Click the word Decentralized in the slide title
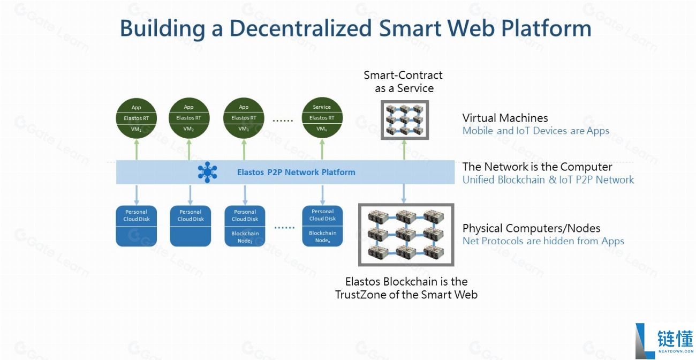pyautogui.click(x=300, y=28)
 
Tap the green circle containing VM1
pyautogui.click(x=136, y=118)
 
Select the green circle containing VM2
pyautogui.click(x=188, y=118)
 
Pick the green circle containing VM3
pyautogui.click(x=244, y=118)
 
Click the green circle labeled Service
pyautogui.click(x=322, y=118)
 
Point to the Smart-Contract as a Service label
pyautogui.click(x=404, y=81)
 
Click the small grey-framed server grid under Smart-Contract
pyautogui.click(x=404, y=120)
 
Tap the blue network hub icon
pyautogui.click(x=207, y=172)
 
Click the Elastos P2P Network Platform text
pyautogui.click(x=296, y=172)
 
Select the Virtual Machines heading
pyautogui.click(x=505, y=118)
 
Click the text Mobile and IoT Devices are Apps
pyautogui.click(x=535, y=131)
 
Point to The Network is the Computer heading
pyautogui.click(x=537, y=167)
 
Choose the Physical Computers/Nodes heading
pyautogui.click(x=531, y=228)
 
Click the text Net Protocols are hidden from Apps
pyautogui.click(x=543, y=241)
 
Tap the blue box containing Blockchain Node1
pyautogui.click(x=245, y=226)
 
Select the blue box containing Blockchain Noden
pyautogui.click(x=322, y=226)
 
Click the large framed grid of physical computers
pyautogui.click(x=405, y=235)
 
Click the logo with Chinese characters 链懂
pyautogui.click(x=664, y=341)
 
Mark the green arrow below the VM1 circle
pyautogui.click(x=136, y=149)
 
